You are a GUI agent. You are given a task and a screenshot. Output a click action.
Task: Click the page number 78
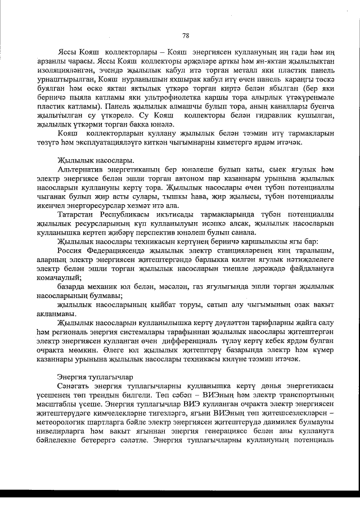pos(186,35)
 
